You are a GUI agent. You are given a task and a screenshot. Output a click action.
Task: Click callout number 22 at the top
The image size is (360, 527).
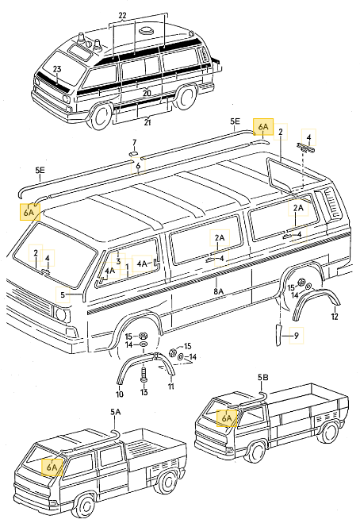144,16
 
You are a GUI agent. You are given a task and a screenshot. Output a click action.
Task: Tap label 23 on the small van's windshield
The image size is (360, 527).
57,71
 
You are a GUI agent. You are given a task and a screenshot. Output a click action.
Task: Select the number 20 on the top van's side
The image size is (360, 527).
147,93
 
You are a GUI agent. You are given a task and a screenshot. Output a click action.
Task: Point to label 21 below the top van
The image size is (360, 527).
147,121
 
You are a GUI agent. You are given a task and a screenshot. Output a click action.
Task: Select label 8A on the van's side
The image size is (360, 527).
219,292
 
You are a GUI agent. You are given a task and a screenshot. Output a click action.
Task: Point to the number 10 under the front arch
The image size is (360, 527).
120,394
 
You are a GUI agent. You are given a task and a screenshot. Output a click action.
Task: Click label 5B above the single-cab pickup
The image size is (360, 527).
263,376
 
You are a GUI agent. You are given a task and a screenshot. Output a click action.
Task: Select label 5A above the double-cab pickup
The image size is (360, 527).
116,412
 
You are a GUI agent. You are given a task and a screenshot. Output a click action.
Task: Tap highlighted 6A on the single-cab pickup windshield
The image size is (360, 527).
227,417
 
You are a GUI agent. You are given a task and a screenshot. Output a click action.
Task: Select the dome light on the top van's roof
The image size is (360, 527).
148,31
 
